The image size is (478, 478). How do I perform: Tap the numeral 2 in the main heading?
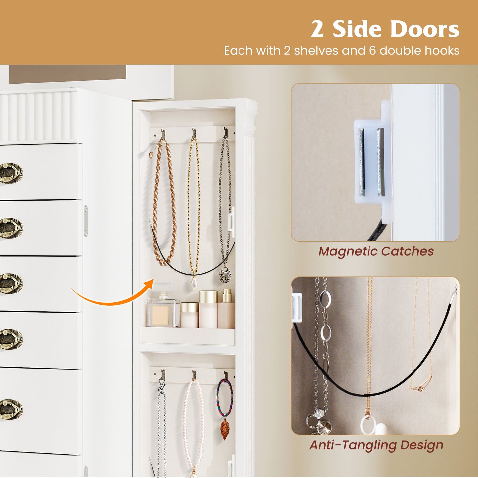[317, 30]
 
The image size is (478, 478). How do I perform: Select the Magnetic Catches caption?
[376, 251]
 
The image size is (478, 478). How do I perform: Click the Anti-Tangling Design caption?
[376, 445]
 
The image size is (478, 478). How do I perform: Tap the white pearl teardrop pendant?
[194, 283]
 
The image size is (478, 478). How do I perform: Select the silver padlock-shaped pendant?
[225, 275]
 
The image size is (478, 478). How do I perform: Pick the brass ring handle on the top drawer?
[11, 173]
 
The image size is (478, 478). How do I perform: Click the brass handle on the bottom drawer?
[11, 409]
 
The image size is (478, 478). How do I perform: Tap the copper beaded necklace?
[164, 202]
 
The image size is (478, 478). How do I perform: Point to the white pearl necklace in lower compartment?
[194, 427]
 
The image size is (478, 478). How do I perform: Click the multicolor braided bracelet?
[225, 397]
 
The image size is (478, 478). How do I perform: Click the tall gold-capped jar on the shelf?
[208, 309]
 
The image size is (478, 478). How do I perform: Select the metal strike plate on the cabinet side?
[86, 221]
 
